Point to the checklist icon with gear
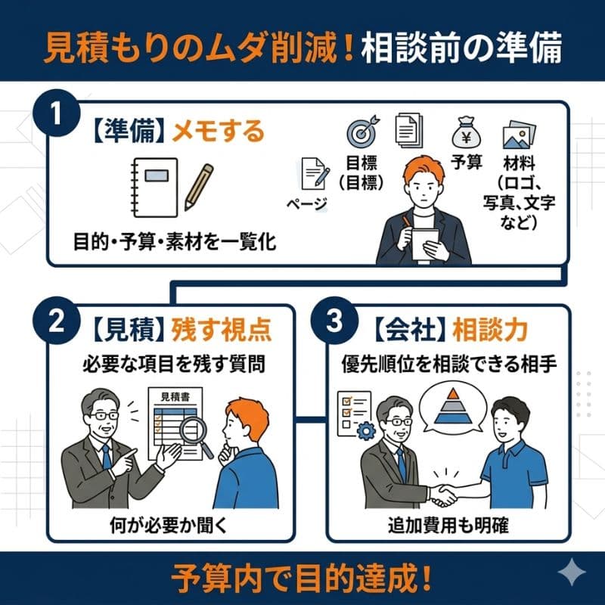[x=354, y=415]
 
